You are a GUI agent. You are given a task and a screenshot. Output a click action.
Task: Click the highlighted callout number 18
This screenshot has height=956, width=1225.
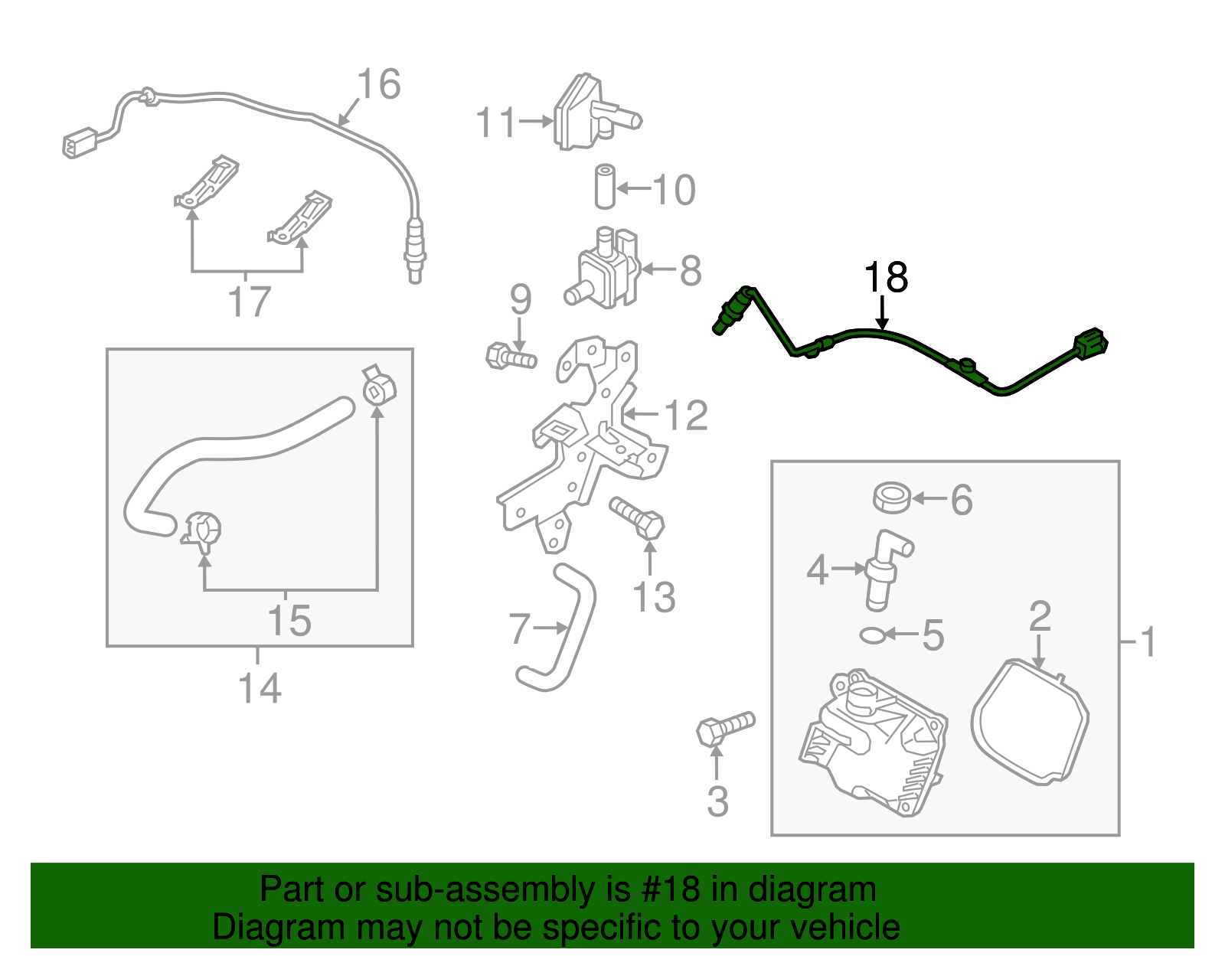[886, 278]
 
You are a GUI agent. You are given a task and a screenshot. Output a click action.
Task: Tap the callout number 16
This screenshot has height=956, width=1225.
[378, 84]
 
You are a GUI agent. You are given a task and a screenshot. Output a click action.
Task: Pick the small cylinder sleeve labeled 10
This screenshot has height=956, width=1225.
[605, 186]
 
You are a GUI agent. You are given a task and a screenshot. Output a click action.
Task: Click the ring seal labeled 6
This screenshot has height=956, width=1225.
[892, 498]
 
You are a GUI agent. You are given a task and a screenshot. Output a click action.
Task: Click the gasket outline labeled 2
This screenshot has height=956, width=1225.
[1030, 721]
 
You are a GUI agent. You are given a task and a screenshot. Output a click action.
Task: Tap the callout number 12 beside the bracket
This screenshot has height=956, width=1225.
[686, 416]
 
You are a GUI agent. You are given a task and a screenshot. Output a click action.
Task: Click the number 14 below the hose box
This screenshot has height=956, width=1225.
[260, 688]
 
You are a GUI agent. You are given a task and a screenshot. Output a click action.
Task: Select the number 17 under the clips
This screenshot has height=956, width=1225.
[250, 302]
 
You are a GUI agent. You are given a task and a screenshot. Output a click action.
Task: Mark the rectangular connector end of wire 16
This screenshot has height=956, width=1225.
[79, 143]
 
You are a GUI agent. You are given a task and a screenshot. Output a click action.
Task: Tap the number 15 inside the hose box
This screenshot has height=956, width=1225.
[289, 621]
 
